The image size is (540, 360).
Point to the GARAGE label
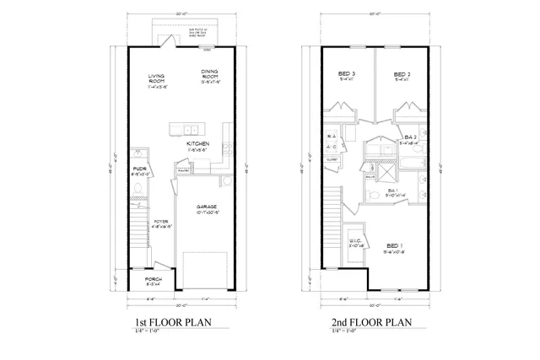click(208, 207)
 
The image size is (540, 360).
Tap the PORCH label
click(153, 279)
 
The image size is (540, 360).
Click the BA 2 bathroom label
click(410, 138)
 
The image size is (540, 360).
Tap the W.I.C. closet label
click(356, 242)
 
